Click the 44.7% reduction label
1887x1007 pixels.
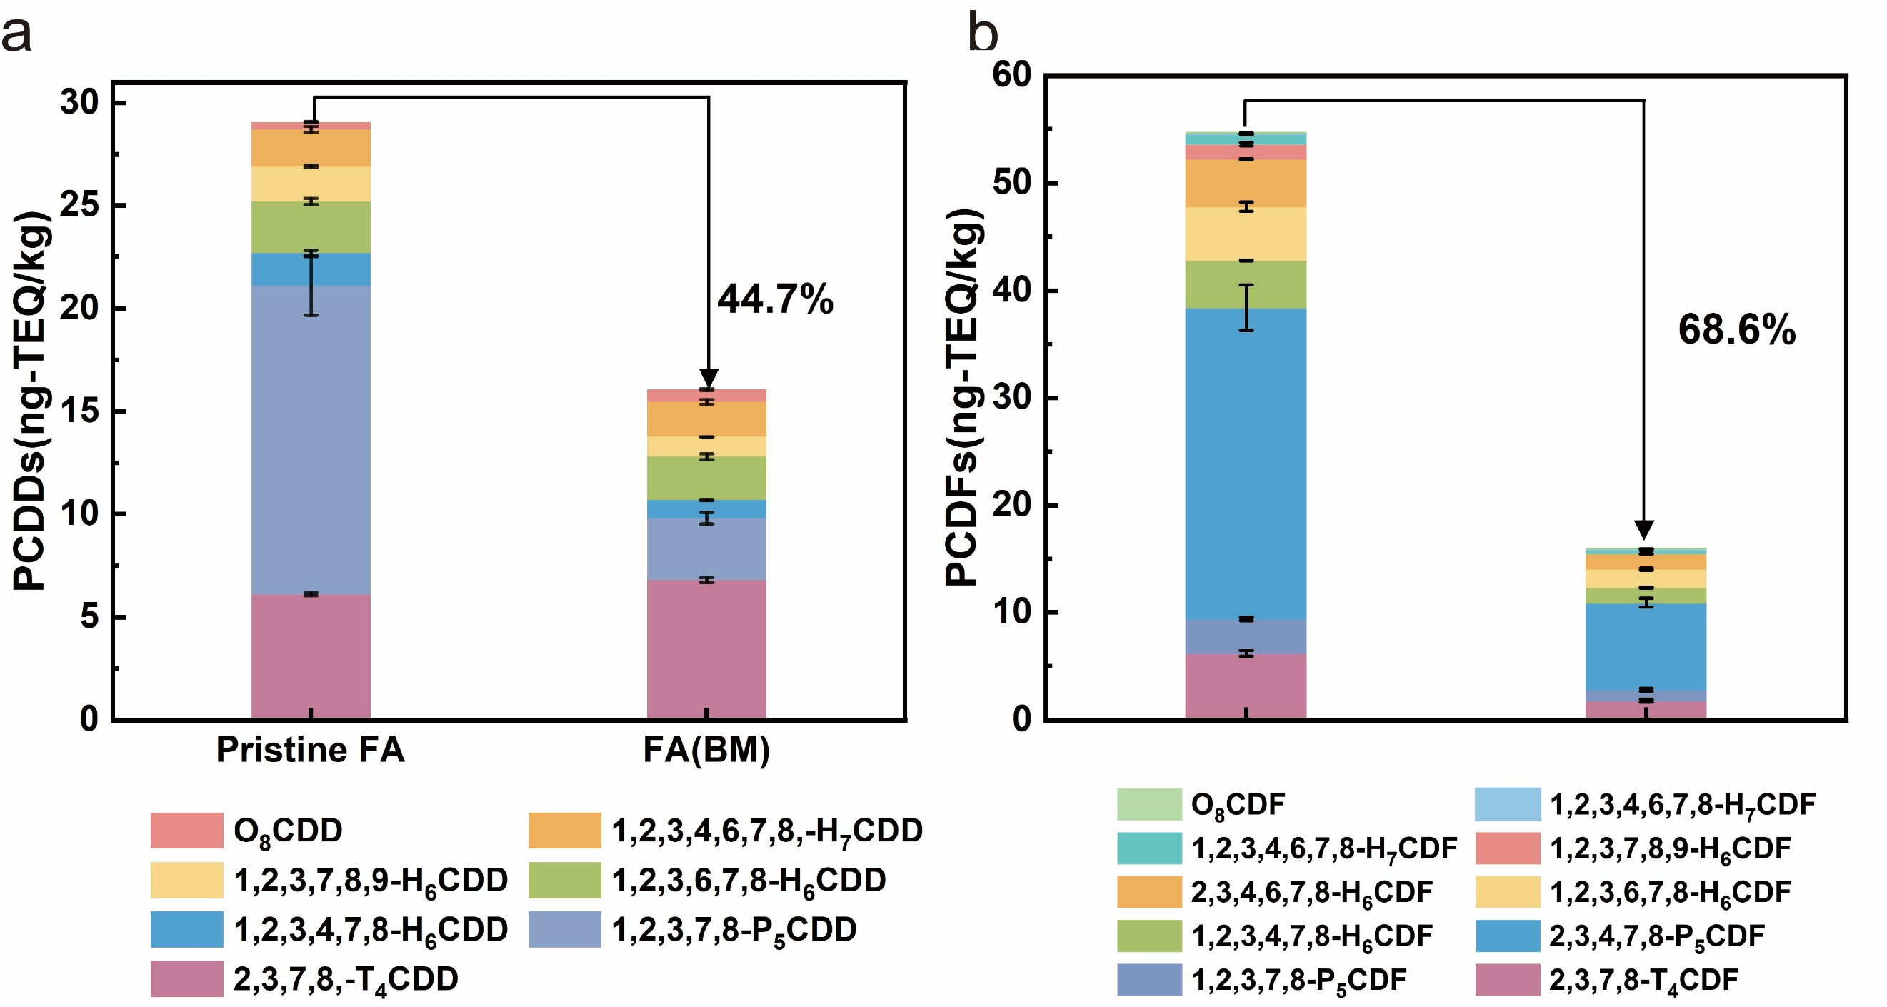[x=774, y=299]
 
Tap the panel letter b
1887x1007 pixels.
[x=983, y=33]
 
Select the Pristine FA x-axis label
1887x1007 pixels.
[x=311, y=750]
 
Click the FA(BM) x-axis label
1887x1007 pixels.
[x=707, y=750]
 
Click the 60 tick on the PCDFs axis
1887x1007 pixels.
[x=1011, y=76]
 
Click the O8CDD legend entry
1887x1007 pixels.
[x=248, y=831]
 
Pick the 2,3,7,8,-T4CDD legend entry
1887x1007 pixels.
[x=305, y=979]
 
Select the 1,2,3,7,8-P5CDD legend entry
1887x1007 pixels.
[x=693, y=930]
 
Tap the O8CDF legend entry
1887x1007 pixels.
[x=1201, y=804]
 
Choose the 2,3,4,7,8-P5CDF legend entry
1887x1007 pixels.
[x=1621, y=936]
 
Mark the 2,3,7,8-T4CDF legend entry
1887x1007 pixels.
[x=1607, y=980]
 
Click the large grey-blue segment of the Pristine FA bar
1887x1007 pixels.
[x=311, y=439]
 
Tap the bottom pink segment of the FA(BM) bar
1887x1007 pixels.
[x=707, y=649]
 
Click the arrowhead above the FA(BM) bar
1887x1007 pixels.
[x=709, y=377]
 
